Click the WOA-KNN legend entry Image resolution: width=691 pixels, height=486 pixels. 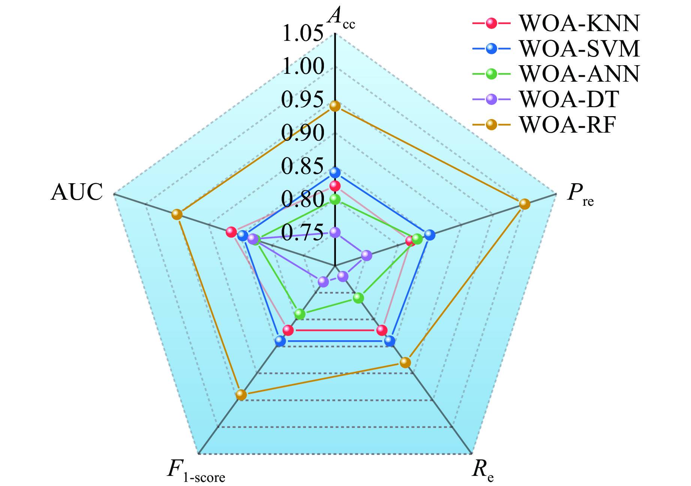point(556,23)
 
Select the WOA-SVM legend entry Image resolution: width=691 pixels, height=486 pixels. point(556,49)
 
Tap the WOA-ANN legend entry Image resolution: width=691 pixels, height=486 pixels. point(556,74)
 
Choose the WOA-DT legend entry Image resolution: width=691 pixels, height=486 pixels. point(546,99)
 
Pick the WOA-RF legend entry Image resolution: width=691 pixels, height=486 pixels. point(544,125)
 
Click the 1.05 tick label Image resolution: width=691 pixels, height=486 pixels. point(302,33)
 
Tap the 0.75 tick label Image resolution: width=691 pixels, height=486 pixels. point(302,232)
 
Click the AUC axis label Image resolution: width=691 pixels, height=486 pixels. point(77,192)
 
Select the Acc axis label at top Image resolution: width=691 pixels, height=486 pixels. point(341,18)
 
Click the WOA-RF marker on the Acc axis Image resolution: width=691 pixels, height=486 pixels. point(335,106)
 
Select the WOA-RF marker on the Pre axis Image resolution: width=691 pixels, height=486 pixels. point(525,204)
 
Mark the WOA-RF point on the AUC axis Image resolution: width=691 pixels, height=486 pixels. point(177,214)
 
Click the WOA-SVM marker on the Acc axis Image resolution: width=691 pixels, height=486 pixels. point(335,173)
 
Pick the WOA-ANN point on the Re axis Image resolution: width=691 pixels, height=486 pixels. point(358,298)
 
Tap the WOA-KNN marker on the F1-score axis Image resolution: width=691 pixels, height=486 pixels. point(288,330)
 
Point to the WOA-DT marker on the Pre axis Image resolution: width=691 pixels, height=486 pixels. point(367,256)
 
